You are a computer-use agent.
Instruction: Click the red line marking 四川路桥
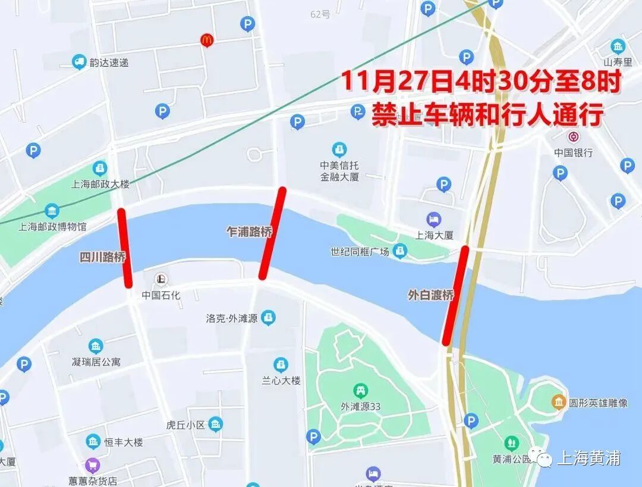[x=125, y=248]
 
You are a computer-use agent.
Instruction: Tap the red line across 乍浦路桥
[x=272, y=233]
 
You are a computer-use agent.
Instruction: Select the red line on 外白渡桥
[x=456, y=295]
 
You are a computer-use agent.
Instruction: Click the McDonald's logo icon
[x=206, y=40]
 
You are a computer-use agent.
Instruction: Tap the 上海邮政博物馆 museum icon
[x=52, y=211]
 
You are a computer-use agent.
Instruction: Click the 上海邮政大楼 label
[x=100, y=184]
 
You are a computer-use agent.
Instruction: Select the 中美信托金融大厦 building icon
[x=339, y=149]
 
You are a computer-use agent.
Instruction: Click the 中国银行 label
[x=574, y=153]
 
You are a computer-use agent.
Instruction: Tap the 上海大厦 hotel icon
[x=435, y=220]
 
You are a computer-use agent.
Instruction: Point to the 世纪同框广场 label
[x=360, y=252]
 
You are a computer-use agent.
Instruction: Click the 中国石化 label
[x=160, y=295]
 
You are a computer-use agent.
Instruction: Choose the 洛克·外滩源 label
[x=231, y=319]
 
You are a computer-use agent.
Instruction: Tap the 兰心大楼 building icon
[x=281, y=365]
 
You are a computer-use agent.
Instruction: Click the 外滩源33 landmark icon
[x=360, y=391]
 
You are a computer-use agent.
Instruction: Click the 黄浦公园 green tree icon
[x=511, y=443]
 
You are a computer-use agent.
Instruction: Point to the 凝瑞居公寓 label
[x=96, y=362]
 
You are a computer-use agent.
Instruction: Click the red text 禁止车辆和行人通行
[x=487, y=114]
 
